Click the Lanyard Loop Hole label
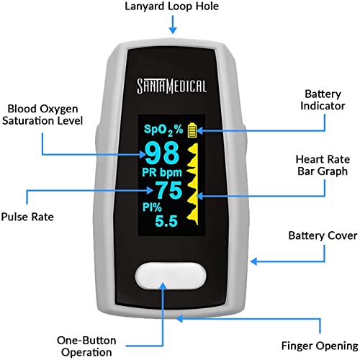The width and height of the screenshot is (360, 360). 171,8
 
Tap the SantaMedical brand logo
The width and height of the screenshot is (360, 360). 173,86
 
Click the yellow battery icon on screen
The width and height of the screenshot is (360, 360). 192,130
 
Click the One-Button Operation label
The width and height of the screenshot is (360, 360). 85,346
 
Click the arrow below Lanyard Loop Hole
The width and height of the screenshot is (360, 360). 171,25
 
